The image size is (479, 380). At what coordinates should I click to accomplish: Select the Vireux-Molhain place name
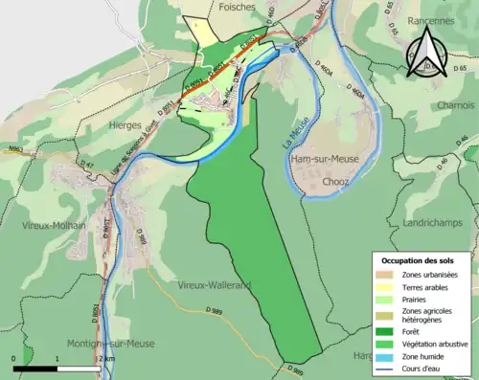pos(53,225)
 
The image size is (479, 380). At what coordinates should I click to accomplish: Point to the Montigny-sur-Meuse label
pos(109,343)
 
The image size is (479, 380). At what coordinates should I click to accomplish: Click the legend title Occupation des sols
pos(420,260)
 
